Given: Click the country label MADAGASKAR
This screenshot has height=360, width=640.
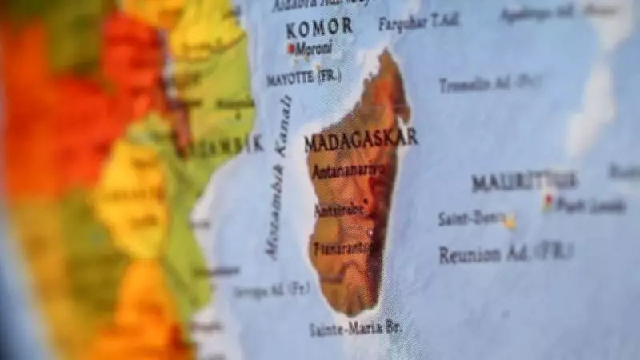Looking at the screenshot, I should point(360,138).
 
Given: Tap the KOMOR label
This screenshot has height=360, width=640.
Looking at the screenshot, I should point(319,26).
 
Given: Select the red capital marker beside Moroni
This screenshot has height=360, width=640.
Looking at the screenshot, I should point(292,48).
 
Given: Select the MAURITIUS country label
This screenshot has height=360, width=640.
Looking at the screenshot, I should point(524,180).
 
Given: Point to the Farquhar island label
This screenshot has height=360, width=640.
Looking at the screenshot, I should point(418,22).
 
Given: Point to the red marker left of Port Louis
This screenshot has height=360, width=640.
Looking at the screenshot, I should point(548,201).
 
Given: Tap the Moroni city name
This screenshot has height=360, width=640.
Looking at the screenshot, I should point(314,48).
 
